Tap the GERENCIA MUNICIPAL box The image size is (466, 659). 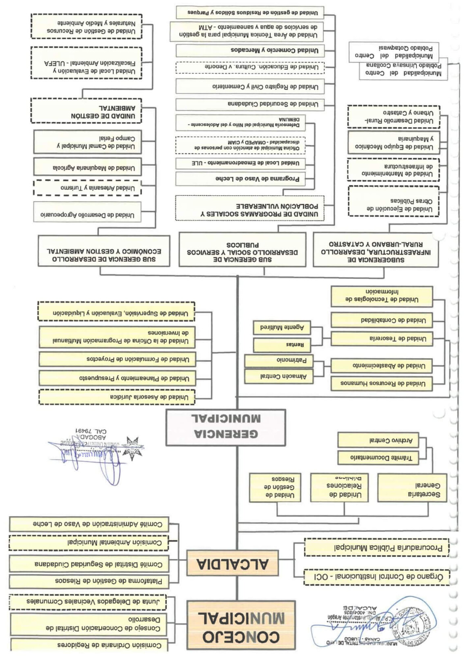225,427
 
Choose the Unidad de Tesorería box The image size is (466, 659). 381,339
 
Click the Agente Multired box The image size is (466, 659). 282,327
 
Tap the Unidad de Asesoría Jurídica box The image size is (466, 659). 117,397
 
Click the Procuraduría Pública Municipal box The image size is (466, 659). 376,547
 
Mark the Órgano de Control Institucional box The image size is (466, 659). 376,576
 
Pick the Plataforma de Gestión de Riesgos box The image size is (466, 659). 89,581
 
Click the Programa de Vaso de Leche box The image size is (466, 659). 240,179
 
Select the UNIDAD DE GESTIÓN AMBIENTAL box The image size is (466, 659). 86,111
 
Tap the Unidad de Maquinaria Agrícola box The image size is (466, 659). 87,167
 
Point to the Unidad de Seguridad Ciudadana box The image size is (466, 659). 250,104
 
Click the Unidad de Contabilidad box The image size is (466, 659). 381,321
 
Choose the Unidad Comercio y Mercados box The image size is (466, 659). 250,50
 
